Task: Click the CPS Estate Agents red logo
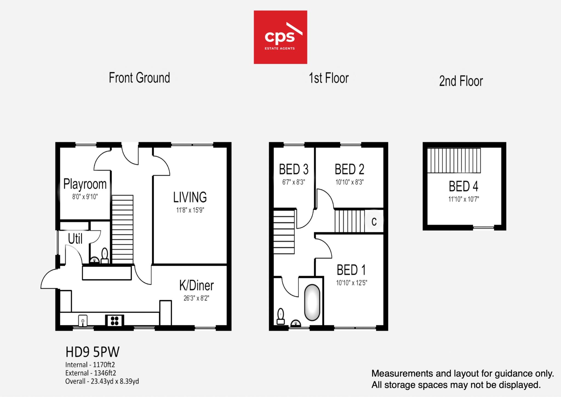tap(280, 37)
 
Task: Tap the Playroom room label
tap(85, 184)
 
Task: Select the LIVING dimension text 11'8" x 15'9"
tap(190, 210)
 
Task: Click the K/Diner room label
tap(196, 285)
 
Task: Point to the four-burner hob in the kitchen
tap(115, 320)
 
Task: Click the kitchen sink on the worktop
tap(83, 320)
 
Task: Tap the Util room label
tap(75, 239)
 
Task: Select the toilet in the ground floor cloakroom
tap(105, 255)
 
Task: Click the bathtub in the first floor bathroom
tap(312, 303)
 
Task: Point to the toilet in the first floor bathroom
tap(281, 317)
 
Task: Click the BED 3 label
tap(294, 169)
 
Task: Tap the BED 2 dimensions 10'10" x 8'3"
tap(350, 182)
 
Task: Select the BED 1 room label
tap(351, 270)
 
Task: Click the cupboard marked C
tap(374, 221)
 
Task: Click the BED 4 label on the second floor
tap(463, 186)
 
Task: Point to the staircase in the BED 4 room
tap(454, 161)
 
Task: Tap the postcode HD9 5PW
tap(93, 352)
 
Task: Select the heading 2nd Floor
tap(461, 81)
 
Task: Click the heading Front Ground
tap(139, 78)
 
